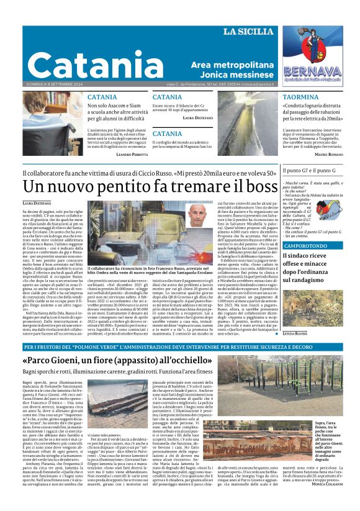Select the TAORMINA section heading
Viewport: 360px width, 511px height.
[x=300, y=97]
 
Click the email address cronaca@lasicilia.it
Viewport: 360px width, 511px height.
[x=256, y=84]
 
